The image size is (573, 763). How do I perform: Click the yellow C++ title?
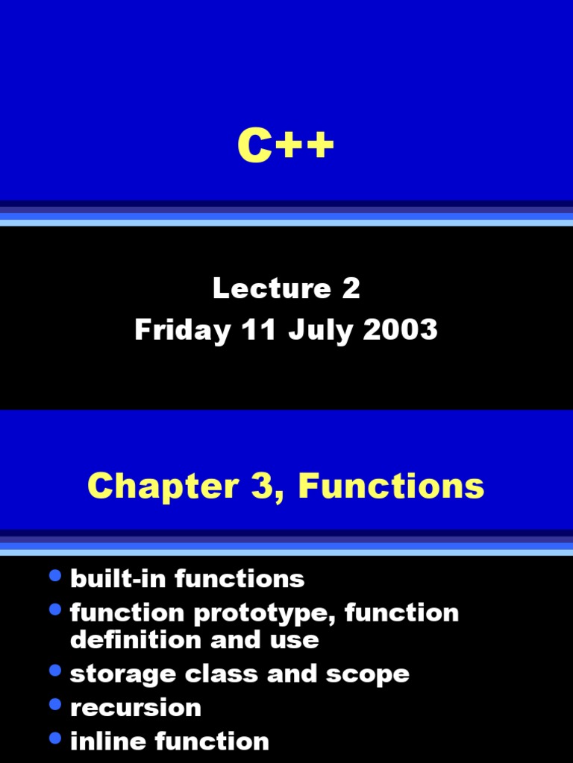coord(286,146)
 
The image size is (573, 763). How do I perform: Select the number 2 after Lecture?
coord(351,289)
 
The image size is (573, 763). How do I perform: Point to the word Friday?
coord(182,330)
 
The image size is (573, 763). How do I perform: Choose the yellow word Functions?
coord(391,487)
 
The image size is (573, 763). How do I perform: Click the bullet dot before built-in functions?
coord(54,576)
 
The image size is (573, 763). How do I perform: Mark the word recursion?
coord(135,708)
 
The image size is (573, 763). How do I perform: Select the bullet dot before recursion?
coord(54,704)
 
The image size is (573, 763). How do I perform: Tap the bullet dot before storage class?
coord(54,671)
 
